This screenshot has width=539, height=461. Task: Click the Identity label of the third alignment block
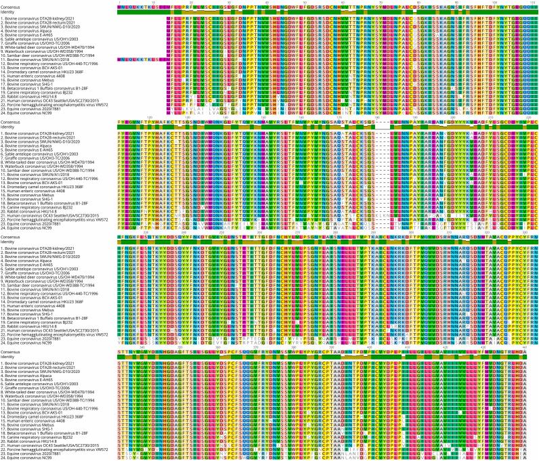coord(10,242)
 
